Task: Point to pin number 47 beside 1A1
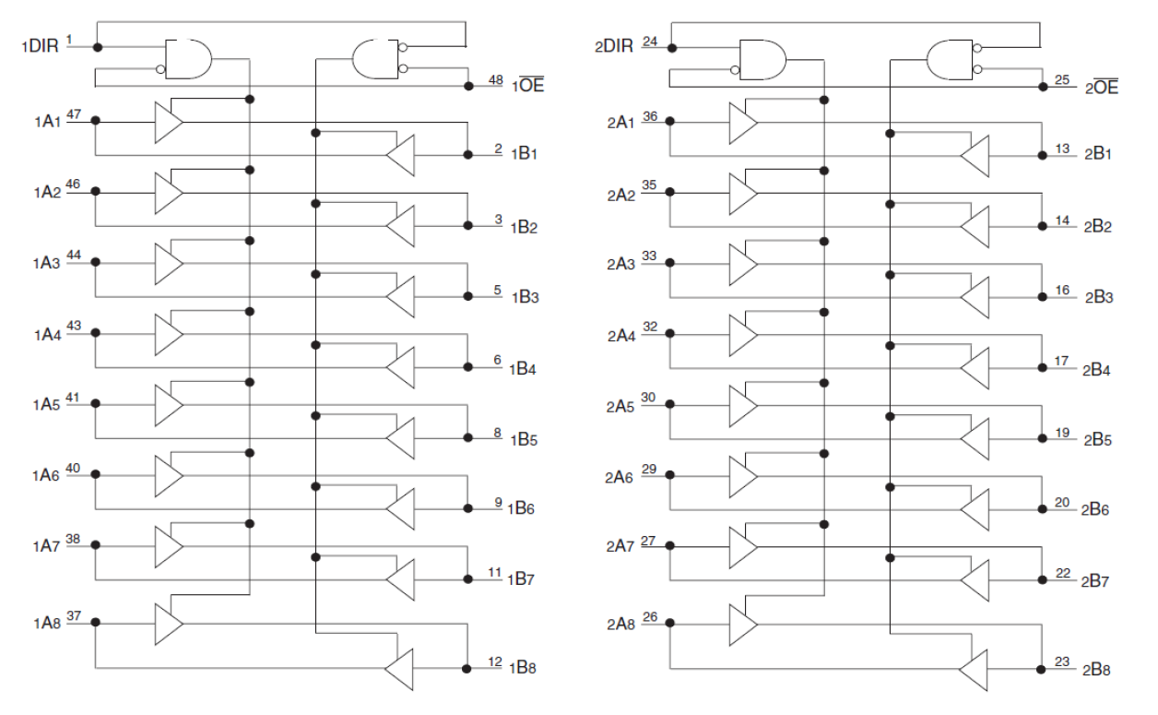point(74,113)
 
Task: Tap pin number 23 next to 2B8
point(1063,660)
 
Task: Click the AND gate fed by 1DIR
point(187,60)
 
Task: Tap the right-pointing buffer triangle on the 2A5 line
point(742,404)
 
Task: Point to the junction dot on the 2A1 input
point(670,121)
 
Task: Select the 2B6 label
point(1096,509)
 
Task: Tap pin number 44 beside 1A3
point(74,255)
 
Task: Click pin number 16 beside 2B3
point(1063,290)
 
